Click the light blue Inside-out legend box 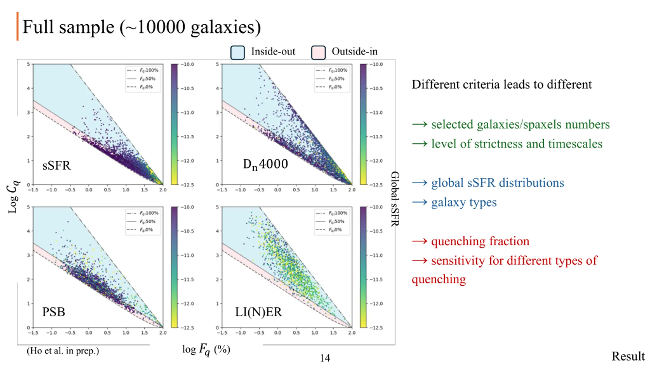(x=237, y=52)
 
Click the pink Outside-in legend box (x=318, y=52)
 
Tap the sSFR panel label (x=56, y=166)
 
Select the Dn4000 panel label (x=265, y=164)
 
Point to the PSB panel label (x=54, y=312)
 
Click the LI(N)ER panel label (x=258, y=312)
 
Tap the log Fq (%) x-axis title (x=206, y=350)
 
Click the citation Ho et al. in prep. (x=63, y=351)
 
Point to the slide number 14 (x=325, y=358)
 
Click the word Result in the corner (x=628, y=356)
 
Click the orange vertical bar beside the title (x=18, y=26)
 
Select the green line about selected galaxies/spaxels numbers (x=520, y=124)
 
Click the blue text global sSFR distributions (x=497, y=183)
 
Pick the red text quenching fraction (x=480, y=241)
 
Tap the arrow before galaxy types (x=420, y=202)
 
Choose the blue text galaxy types (x=464, y=202)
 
